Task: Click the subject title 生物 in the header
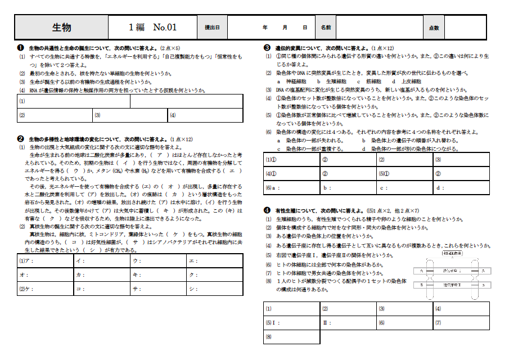coord(61,27)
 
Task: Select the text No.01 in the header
coord(165,27)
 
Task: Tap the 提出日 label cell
coord(212,27)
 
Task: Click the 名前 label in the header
coord(326,27)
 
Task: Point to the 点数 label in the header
coord(434,27)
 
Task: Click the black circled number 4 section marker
coord(267,210)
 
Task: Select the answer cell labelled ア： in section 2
coord(46,261)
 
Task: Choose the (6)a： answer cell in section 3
coord(292,187)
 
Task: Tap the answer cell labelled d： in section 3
coord(461,187)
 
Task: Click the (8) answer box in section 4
coord(292,337)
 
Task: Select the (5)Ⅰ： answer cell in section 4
coord(292,323)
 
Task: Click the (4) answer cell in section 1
coord(205,115)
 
